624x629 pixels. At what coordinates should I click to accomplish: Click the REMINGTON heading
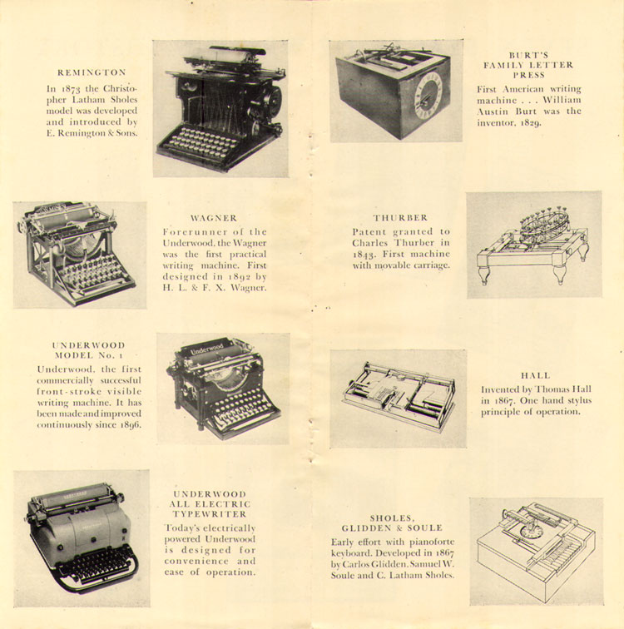tap(92, 72)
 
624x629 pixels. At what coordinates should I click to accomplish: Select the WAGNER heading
tap(213, 217)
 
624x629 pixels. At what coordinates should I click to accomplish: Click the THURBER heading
tap(400, 217)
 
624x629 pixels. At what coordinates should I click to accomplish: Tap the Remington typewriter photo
tap(220, 108)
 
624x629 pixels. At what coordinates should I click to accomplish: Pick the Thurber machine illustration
tap(532, 244)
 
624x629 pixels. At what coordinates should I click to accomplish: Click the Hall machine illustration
tap(398, 397)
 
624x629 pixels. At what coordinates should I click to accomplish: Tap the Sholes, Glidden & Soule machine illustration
tap(535, 549)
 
